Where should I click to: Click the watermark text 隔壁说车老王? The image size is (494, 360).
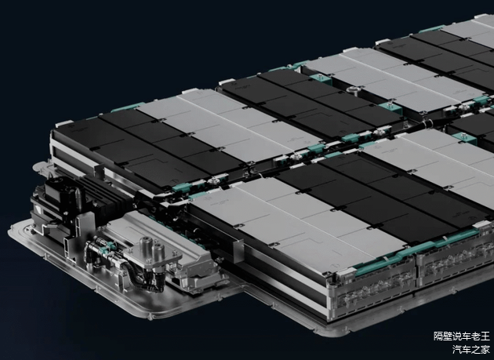tap(462, 336)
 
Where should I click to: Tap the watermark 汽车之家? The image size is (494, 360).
tap(471, 349)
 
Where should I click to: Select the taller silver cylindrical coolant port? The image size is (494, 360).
tap(145, 247)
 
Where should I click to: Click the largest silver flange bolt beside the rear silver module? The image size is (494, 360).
tap(354, 90)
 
